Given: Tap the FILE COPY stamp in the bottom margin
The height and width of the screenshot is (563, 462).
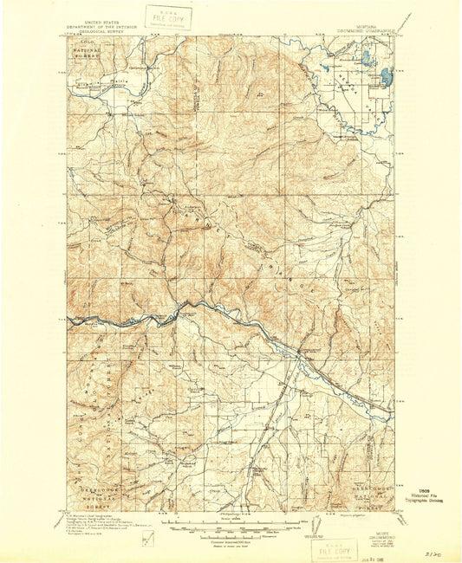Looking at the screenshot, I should point(334,549).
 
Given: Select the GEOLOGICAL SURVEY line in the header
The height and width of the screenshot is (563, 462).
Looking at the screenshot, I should point(100,30).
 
